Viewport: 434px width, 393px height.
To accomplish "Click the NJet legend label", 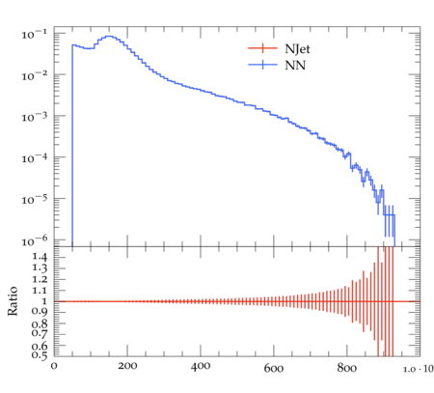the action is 297,49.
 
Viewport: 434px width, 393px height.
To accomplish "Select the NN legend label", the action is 295,66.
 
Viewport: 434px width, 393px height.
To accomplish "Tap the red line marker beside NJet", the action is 262,48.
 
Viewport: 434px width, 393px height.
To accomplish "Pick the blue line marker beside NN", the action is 262,65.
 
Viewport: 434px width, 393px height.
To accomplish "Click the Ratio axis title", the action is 13,301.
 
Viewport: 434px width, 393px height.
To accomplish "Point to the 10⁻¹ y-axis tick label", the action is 34,34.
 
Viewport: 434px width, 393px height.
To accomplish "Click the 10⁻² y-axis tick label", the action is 34,75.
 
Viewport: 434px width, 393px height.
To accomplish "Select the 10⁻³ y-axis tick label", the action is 34,117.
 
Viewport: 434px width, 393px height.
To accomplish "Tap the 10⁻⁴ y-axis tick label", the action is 34,157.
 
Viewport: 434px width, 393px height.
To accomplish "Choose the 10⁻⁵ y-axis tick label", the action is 34,199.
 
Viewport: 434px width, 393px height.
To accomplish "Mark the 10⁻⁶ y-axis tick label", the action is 34,240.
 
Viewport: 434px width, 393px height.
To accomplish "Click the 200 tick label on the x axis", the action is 127,366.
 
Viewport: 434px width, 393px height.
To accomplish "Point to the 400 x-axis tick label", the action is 201,366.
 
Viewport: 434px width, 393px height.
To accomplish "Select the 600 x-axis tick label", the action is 274,368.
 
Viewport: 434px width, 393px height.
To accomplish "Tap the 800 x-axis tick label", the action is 347,367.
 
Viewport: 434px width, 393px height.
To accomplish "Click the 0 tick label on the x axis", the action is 54,367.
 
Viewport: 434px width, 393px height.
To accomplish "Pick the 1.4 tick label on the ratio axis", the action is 40,257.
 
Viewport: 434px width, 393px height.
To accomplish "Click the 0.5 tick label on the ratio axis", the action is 40,354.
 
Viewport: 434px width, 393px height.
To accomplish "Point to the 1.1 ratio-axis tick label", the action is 40,291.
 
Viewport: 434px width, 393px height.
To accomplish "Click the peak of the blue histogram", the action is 109,36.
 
